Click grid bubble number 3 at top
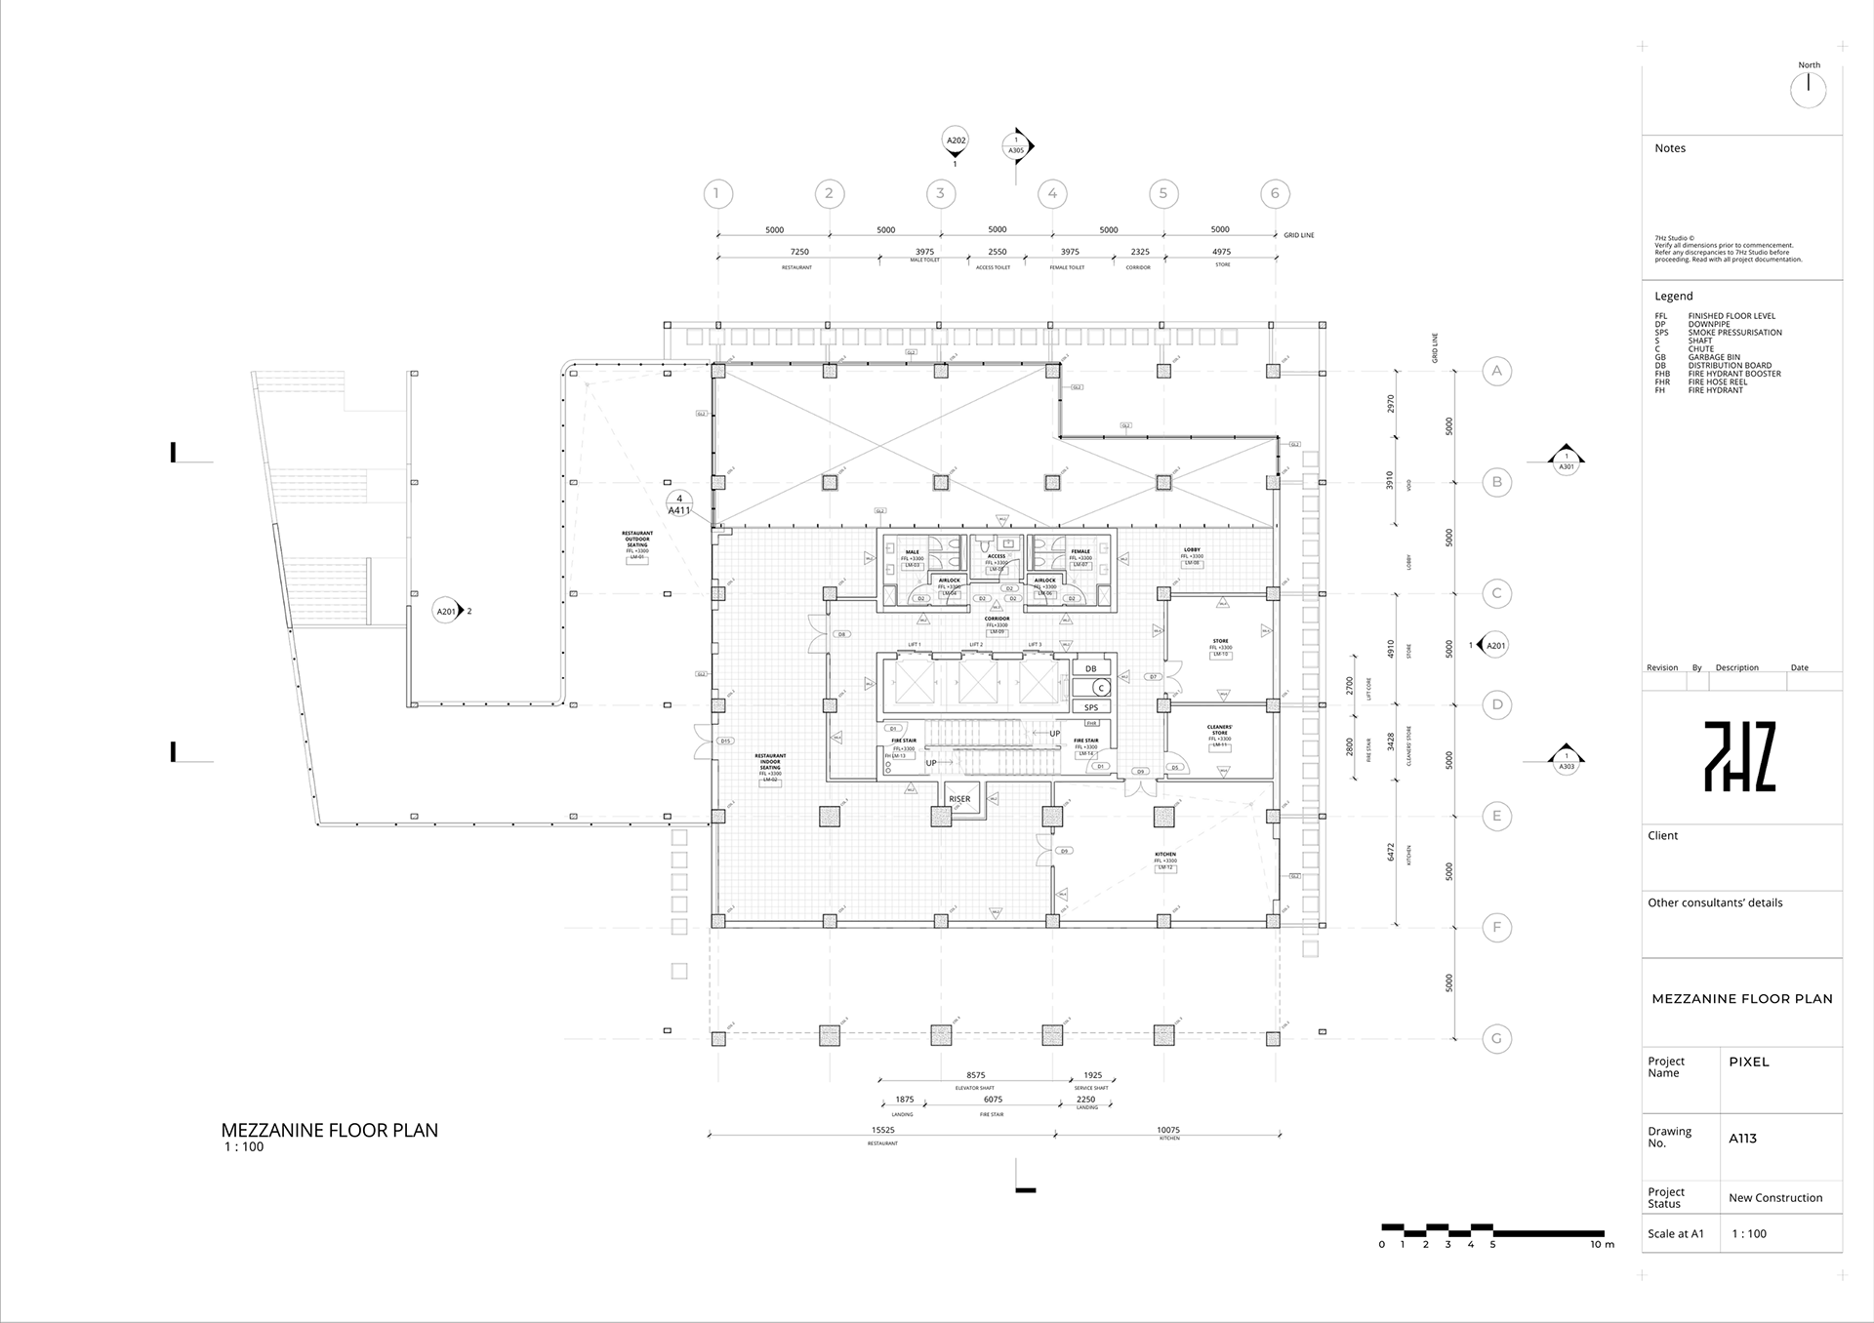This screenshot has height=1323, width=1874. (x=940, y=193)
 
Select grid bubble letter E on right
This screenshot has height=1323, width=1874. (x=1496, y=816)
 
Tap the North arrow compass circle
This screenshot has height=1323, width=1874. (x=1809, y=90)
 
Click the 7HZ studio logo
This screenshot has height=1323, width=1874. (x=1739, y=756)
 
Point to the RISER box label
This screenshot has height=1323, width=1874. (x=959, y=799)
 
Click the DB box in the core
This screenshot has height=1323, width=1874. (x=1090, y=668)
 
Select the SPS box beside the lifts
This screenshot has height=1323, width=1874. (x=1090, y=707)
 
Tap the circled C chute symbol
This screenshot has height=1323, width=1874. (x=1100, y=688)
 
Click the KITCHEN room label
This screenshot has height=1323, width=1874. (x=1165, y=855)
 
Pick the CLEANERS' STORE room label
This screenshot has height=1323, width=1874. (x=1219, y=730)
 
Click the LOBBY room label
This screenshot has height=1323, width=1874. (x=1192, y=550)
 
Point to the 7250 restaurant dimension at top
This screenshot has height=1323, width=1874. (x=799, y=252)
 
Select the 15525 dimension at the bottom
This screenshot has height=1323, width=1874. (x=882, y=1130)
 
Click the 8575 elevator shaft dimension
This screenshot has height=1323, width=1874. (x=975, y=1075)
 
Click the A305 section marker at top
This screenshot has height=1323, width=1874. (x=1016, y=146)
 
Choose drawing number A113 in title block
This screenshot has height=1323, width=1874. (x=1742, y=1138)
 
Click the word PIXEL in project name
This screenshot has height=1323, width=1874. (x=1748, y=1062)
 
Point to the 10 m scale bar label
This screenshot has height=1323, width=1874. (x=1602, y=1245)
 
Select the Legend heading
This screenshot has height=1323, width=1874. (x=1673, y=296)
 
